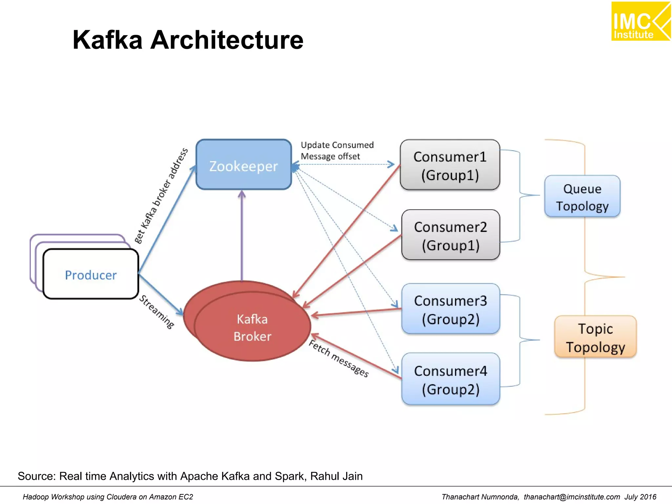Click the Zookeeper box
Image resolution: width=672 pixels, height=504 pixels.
tap(243, 165)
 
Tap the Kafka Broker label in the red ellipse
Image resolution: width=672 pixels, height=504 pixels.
tap(252, 328)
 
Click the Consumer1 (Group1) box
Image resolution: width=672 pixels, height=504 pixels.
tap(450, 165)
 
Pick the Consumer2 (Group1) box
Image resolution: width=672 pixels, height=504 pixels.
tap(451, 235)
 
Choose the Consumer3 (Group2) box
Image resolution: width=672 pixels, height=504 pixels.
tap(451, 309)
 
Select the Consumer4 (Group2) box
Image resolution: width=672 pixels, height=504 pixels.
tap(451, 379)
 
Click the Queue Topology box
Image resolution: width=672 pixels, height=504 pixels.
tap(582, 197)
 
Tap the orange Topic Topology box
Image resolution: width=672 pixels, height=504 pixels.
tap(595, 337)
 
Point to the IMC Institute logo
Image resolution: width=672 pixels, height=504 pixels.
tap(640, 22)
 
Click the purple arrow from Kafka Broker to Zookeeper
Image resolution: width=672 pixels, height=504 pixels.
tap(242, 236)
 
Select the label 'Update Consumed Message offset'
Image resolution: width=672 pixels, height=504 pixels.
tap(337, 151)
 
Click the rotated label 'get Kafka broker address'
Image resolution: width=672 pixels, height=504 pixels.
tap(161, 196)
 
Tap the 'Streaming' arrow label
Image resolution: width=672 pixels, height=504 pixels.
tap(157, 312)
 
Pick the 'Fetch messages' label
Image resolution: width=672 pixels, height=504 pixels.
tap(339, 359)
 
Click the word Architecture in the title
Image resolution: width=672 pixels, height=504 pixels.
tap(227, 40)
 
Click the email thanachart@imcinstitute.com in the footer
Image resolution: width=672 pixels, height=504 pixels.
tap(572, 497)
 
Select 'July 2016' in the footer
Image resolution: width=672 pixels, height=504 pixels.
tap(640, 497)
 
